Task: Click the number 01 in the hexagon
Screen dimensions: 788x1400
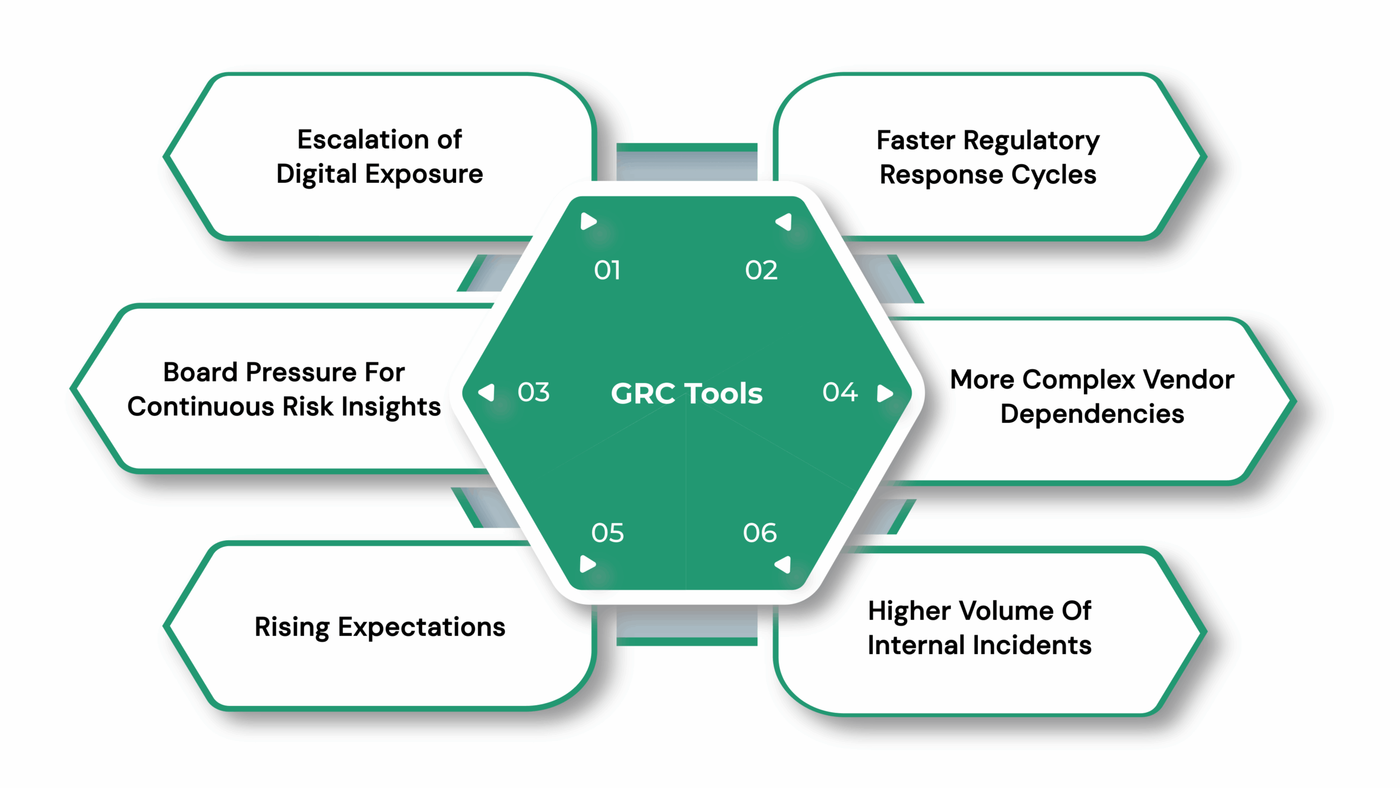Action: (607, 270)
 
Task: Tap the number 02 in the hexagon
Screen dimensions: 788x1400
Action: (761, 270)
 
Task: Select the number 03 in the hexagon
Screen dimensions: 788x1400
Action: (533, 392)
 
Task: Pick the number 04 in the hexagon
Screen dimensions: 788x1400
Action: (840, 392)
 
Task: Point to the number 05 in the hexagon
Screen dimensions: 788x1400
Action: (607, 533)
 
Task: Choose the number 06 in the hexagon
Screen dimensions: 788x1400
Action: (760, 533)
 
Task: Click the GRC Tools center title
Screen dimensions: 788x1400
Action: (686, 393)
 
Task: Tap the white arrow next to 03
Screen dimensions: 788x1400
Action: (487, 392)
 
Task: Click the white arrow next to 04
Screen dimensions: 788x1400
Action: (884, 393)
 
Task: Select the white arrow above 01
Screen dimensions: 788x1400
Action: (588, 222)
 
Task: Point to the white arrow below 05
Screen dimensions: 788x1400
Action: (587, 564)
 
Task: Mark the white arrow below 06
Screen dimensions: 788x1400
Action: (783, 564)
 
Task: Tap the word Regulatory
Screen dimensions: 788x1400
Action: (1031, 141)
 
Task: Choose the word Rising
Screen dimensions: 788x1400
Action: (291, 627)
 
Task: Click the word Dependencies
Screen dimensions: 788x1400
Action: (1092, 414)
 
